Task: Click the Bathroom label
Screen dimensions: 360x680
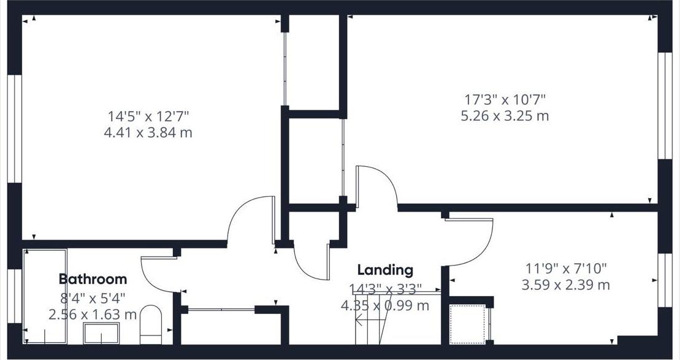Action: [93, 279]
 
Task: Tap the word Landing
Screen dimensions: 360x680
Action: [385, 270]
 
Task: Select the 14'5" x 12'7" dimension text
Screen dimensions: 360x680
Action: [148, 115]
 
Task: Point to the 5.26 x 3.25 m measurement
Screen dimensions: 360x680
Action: [505, 115]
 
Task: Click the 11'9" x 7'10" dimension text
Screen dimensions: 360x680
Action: [565, 268]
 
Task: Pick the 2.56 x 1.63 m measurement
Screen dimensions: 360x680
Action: [93, 315]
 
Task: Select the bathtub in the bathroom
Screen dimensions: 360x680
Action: [45, 296]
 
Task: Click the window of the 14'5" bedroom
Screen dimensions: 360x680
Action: [15, 129]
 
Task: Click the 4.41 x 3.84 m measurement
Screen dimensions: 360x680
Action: [148, 132]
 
